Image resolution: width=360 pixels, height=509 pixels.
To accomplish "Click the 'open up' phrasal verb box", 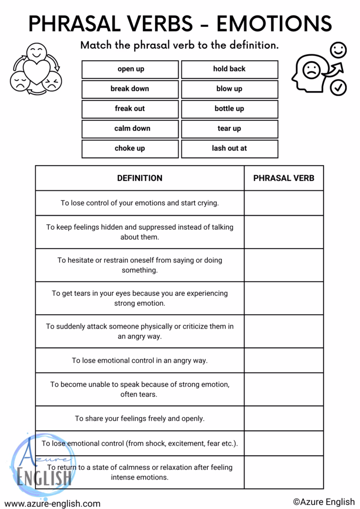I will tap(130, 69).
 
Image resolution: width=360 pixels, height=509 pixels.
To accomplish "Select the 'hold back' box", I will tap(229, 69).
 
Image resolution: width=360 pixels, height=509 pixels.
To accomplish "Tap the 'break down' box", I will tap(130, 89).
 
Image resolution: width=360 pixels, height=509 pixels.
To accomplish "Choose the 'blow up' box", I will tap(229, 89).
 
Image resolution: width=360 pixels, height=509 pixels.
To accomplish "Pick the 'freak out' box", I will tap(130, 109).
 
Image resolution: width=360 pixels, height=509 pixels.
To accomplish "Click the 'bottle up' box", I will tap(229, 109).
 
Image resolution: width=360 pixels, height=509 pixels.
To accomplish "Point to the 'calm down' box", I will tap(130, 129).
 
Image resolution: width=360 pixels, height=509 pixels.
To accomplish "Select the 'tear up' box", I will tap(229, 129).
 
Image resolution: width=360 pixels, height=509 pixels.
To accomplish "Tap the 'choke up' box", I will tap(130, 149).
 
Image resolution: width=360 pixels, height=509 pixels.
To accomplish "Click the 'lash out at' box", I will tap(229, 149).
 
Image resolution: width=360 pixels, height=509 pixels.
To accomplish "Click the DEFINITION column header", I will tap(140, 178).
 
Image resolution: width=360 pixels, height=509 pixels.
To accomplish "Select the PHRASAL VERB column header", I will tap(283, 178).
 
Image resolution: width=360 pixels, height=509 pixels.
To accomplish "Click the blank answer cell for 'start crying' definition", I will tap(283, 203).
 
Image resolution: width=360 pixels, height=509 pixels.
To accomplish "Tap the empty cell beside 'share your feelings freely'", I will tap(283, 419).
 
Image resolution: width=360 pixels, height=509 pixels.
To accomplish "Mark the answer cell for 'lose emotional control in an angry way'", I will tap(283, 360).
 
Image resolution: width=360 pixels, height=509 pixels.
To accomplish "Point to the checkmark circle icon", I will tap(338, 87).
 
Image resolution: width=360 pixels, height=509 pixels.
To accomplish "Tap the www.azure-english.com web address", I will tap(52, 504).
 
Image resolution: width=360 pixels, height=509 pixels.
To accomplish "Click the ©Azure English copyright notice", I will tap(324, 502).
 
